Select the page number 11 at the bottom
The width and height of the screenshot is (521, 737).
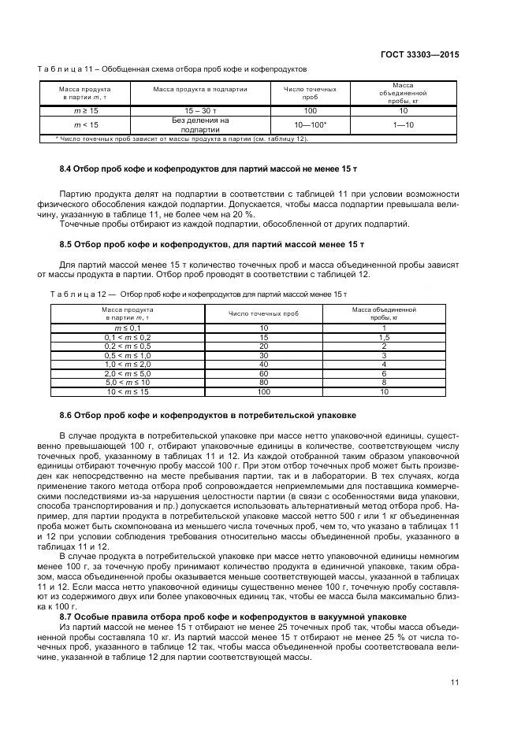coord(455,682)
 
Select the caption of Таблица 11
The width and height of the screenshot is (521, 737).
coord(182,69)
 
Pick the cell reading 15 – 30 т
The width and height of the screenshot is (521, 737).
coord(200,111)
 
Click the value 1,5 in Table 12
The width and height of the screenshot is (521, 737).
coord(384,336)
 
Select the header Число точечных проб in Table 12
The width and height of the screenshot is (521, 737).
coord(263,313)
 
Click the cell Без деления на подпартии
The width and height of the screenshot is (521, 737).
coord(200,125)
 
